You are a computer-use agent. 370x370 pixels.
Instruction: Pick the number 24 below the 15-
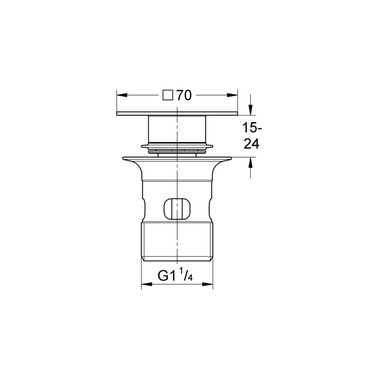(251, 143)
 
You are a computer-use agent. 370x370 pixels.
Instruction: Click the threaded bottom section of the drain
(177, 243)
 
